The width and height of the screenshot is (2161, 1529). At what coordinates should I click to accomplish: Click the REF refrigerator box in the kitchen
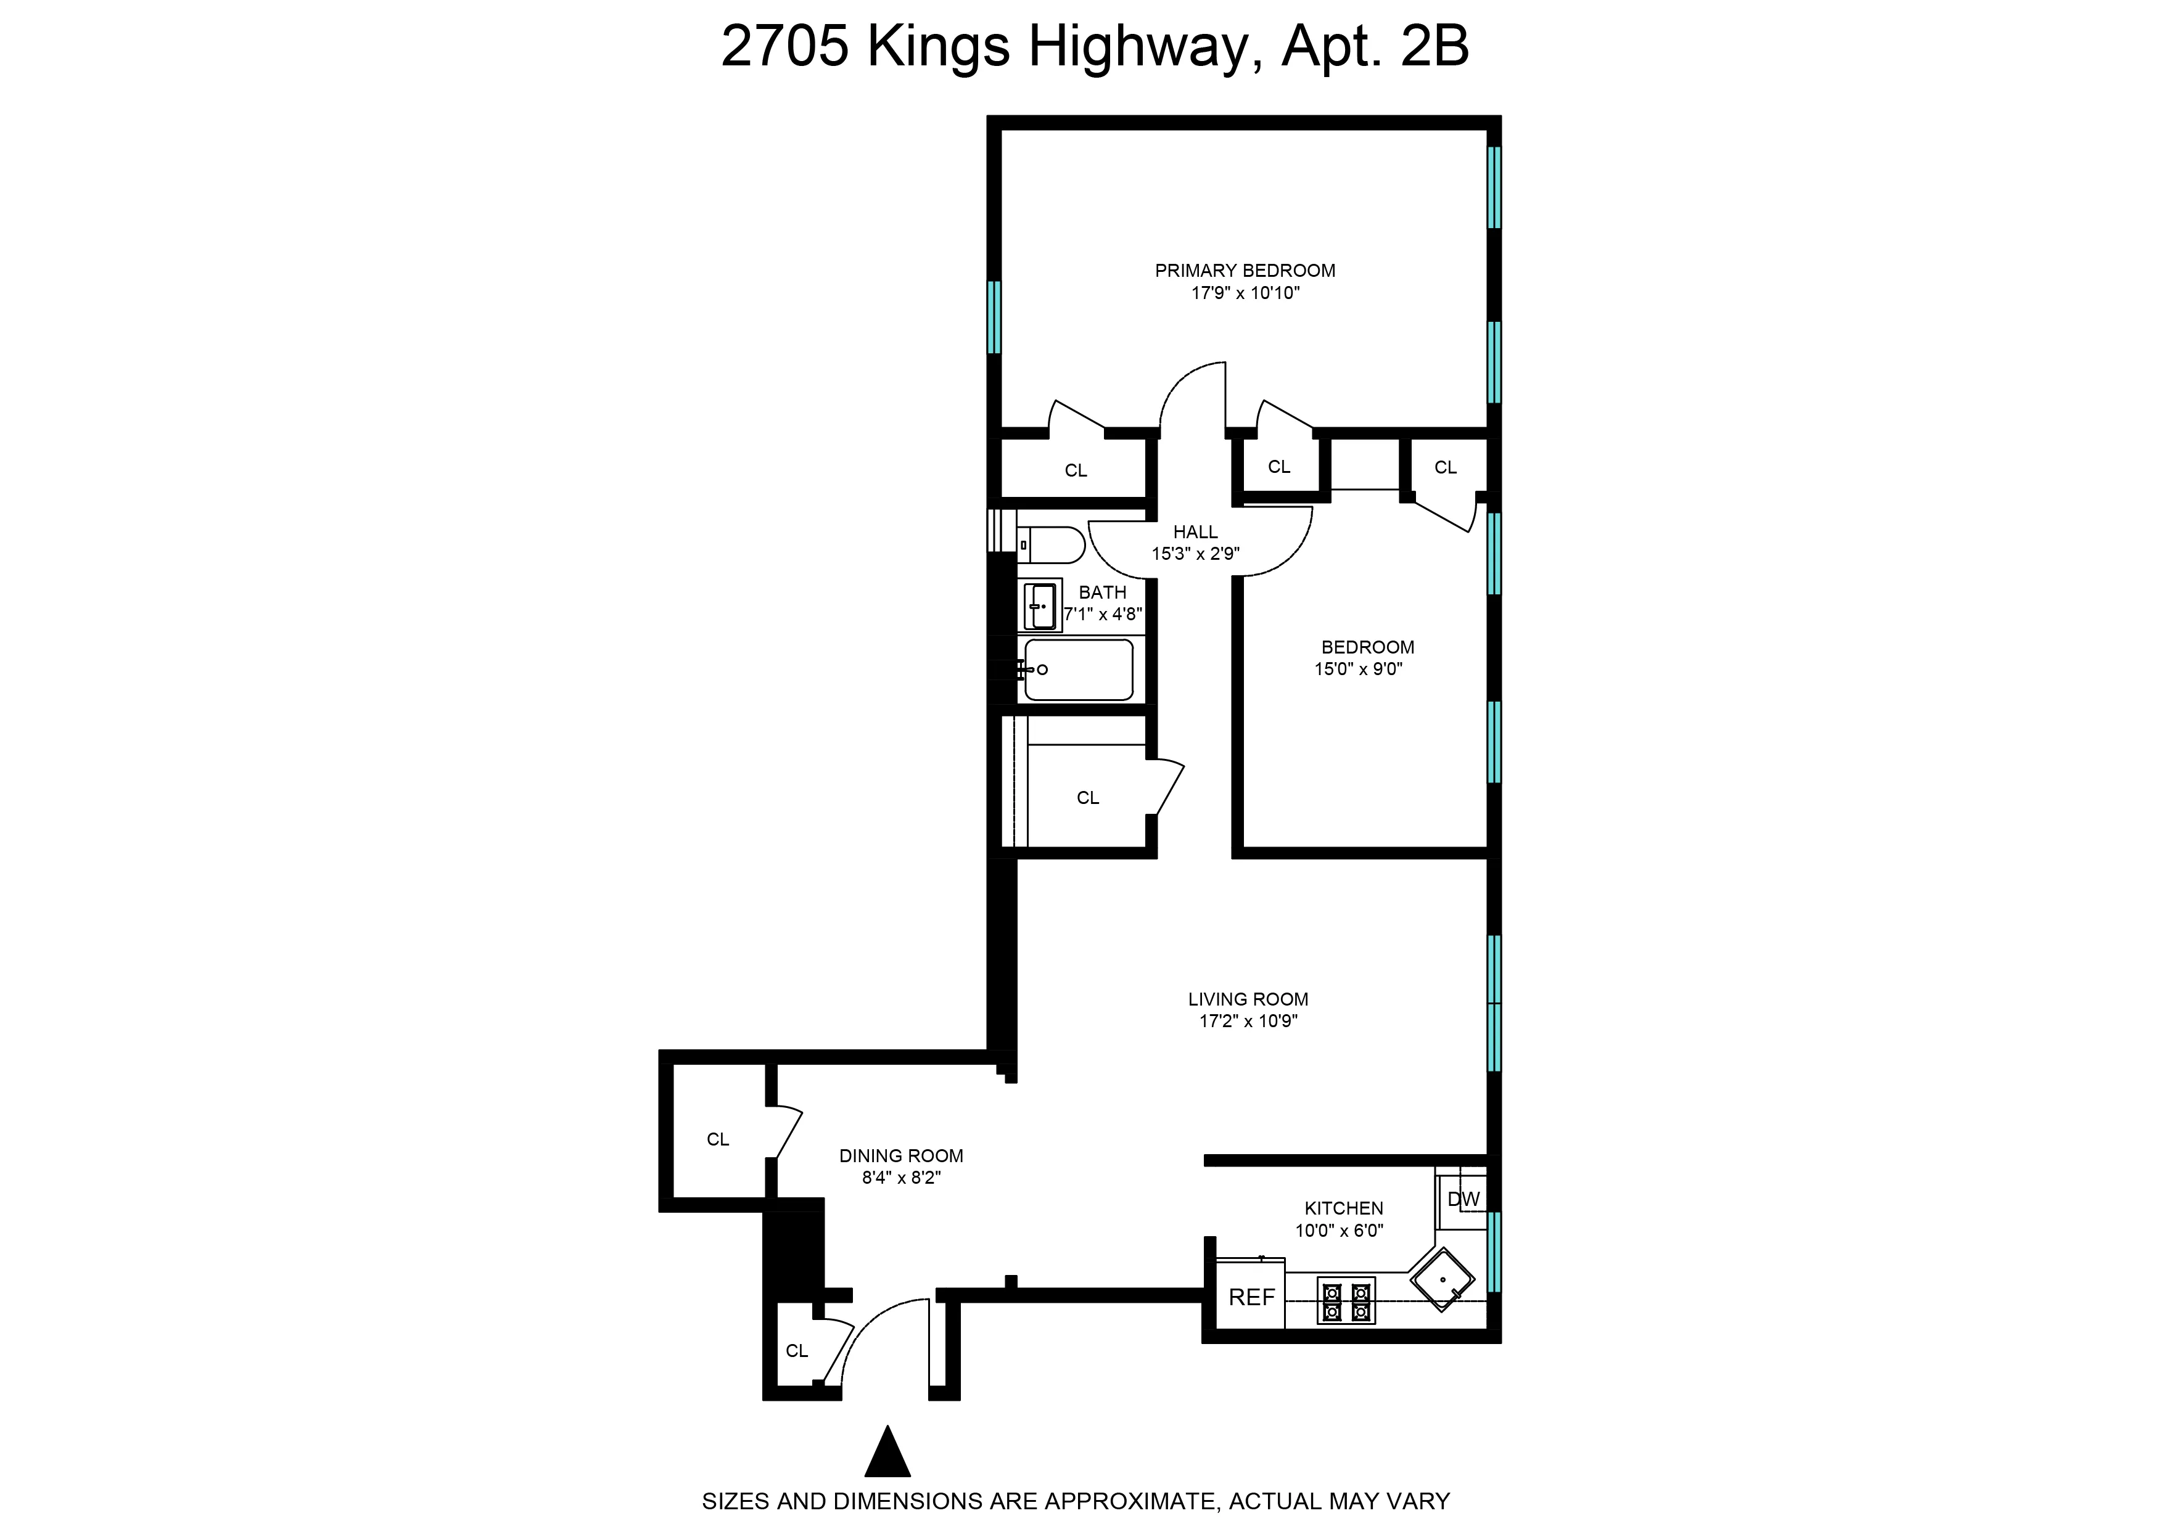pyautogui.click(x=1251, y=1297)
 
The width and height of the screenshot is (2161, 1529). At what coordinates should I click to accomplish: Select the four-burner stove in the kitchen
pyautogui.click(x=1346, y=1300)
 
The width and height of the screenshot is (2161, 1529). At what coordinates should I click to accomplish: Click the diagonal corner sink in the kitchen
pyautogui.click(x=1442, y=1279)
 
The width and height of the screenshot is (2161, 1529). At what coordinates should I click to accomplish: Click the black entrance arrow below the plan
pyautogui.click(x=887, y=1453)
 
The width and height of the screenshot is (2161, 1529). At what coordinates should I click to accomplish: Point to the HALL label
pyautogui.click(x=1195, y=532)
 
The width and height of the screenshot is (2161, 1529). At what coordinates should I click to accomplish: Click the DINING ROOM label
pyautogui.click(x=901, y=1156)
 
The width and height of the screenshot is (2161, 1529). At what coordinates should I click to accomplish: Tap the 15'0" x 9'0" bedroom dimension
pyautogui.click(x=1358, y=670)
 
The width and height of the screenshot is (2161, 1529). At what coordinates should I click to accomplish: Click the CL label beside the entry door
pyautogui.click(x=797, y=1351)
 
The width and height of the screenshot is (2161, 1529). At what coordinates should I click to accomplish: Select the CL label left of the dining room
pyautogui.click(x=717, y=1139)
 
